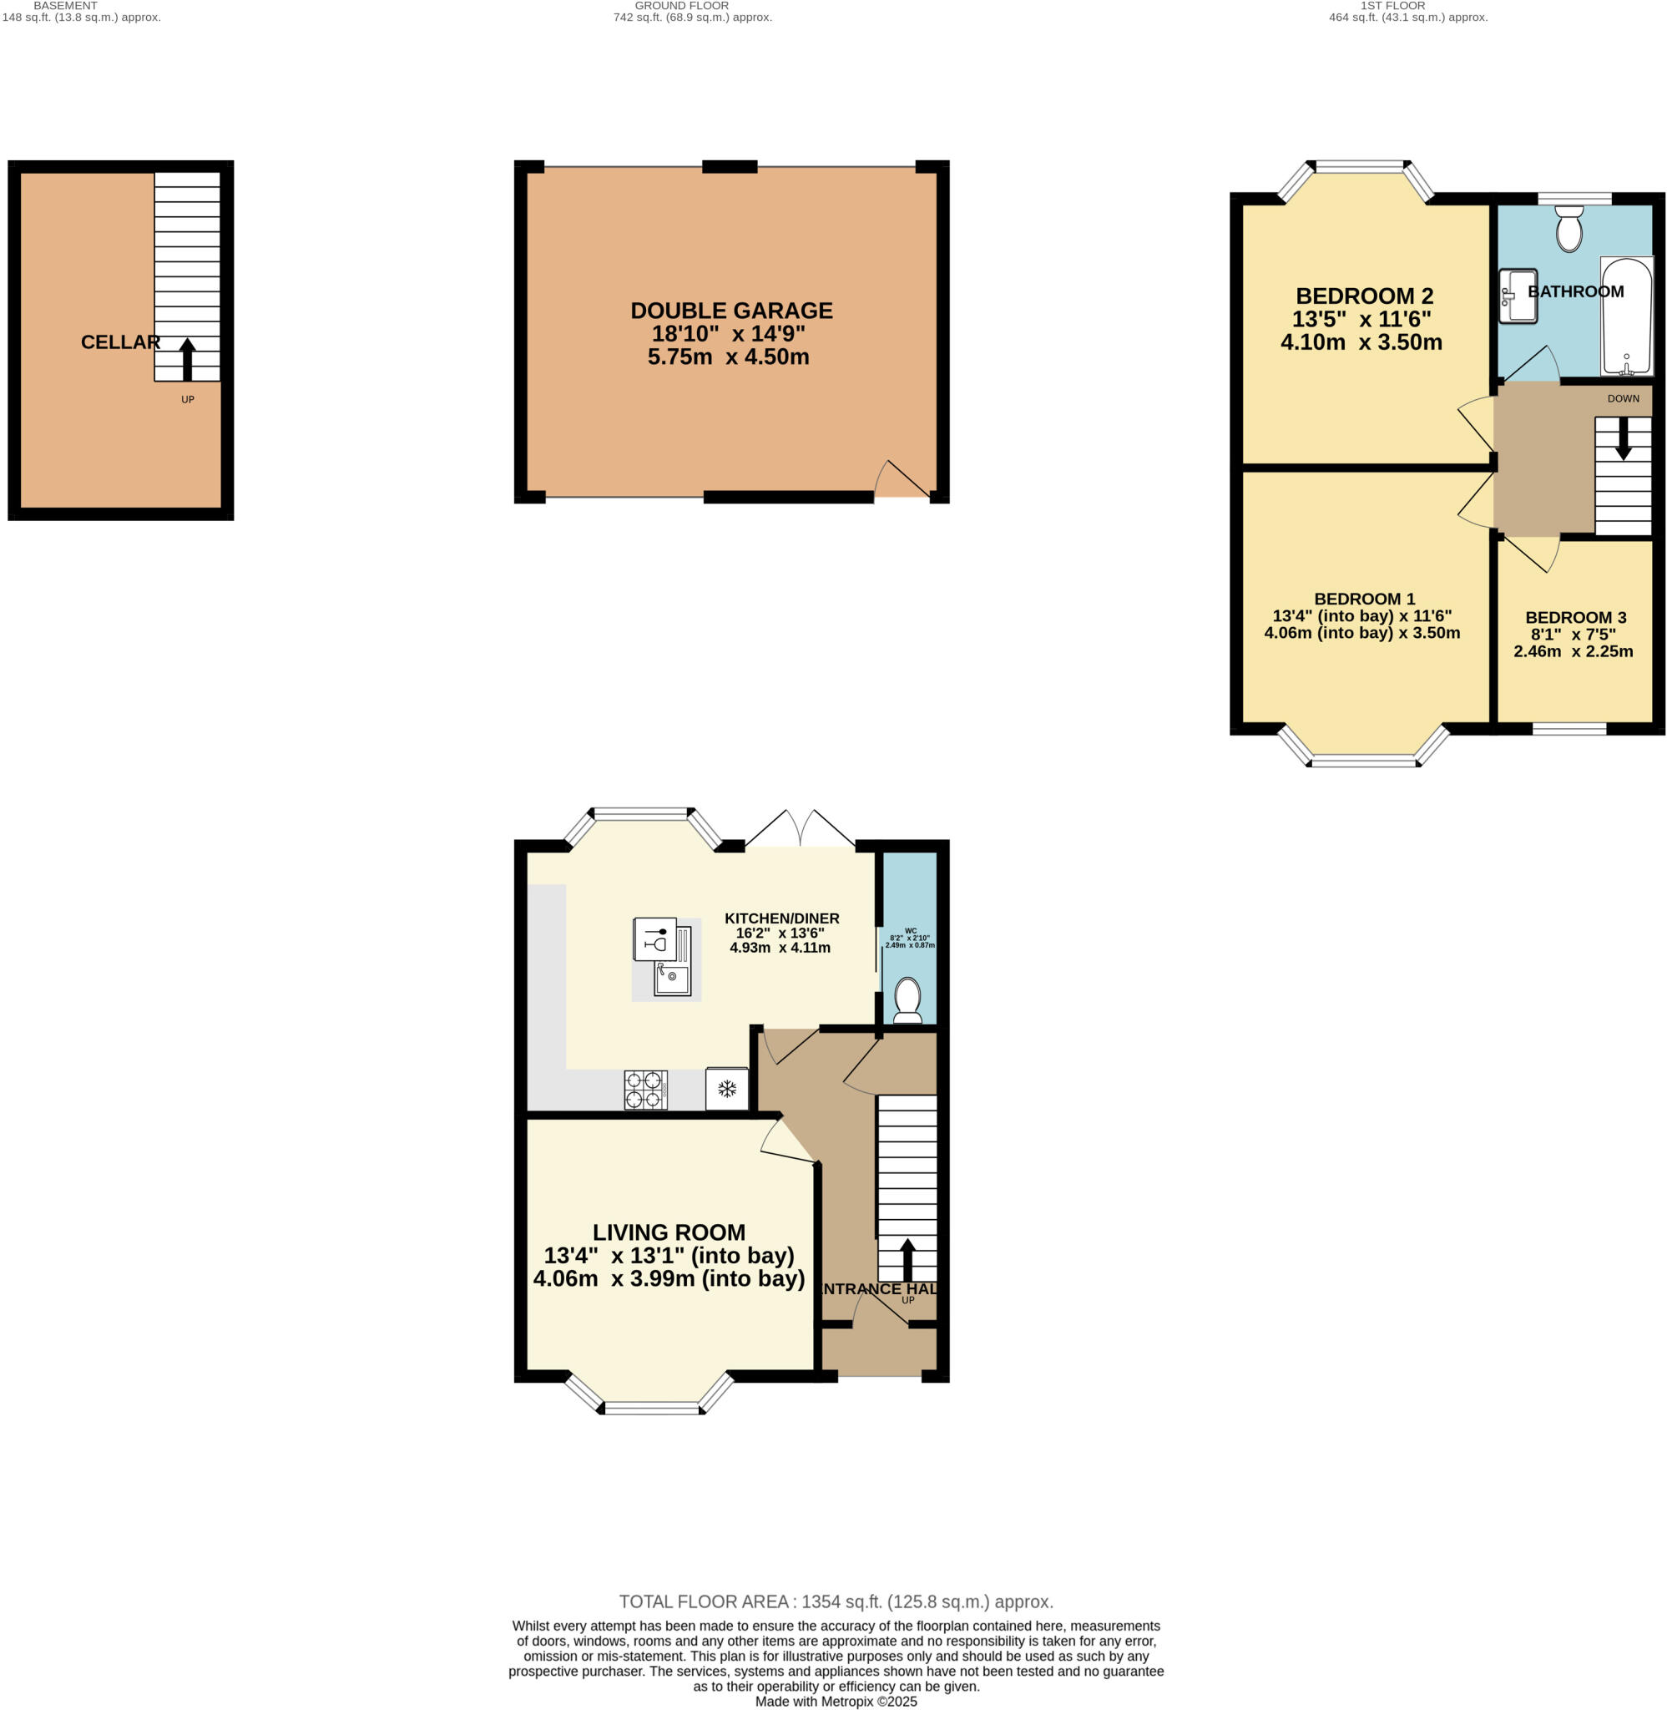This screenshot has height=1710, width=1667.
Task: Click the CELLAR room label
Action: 120,342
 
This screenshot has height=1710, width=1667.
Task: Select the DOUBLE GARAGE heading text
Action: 731,311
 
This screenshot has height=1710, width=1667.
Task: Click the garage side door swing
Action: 902,480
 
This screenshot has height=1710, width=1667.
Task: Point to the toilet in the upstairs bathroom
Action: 1569,229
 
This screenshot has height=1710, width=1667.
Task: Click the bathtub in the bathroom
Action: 1627,317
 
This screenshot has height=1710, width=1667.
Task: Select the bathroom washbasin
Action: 1517,296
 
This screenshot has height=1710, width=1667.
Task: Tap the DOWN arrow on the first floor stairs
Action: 1623,438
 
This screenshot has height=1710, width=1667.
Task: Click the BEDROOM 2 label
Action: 1364,296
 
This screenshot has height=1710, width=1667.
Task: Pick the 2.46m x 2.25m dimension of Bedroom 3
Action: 1573,651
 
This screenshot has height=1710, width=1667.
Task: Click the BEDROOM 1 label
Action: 1364,599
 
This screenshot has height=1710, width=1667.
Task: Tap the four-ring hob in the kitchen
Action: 645,1090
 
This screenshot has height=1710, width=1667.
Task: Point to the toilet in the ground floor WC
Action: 907,1000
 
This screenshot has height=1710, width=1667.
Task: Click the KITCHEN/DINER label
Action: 781,918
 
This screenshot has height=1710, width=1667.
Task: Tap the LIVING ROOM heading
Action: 669,1232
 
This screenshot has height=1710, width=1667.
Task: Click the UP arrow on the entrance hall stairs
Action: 907,1259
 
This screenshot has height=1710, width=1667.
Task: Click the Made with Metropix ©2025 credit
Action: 836,1702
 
